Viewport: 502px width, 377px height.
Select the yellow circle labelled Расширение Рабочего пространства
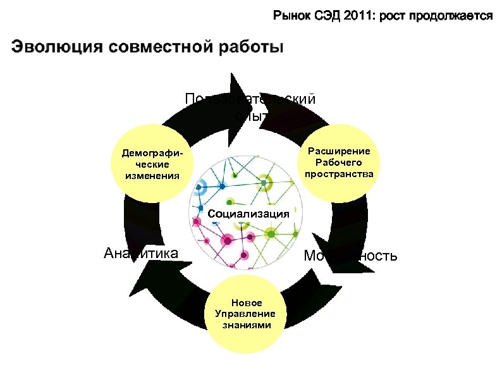point(338,161)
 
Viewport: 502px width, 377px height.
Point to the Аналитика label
point(140,254)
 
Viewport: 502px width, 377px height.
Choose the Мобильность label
point(350,256)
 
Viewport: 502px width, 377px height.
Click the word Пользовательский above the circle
point(250,99)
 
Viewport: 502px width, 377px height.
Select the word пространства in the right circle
point(339,173)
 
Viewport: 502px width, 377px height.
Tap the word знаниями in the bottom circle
point(247,325)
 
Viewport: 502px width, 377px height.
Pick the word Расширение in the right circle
point(339,151)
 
